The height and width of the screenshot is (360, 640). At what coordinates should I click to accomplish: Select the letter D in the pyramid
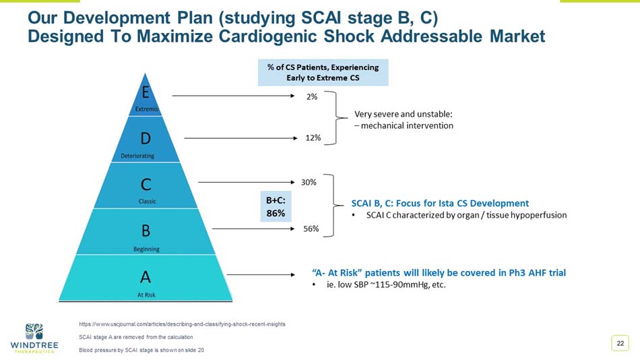coord(146,138)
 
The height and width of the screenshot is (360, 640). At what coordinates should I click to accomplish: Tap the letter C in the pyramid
coord(146,183)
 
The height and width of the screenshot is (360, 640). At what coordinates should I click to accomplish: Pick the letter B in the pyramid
coord(146,231)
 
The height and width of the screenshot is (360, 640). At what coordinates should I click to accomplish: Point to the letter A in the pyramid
coord(146,276)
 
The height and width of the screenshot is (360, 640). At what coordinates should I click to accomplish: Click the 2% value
coord(312,96)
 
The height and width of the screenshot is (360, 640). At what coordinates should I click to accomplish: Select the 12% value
coord(312,138)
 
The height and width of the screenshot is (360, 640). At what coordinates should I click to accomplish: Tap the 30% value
coord(309,182)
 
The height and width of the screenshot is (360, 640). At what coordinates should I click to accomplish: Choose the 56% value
coord(311,229)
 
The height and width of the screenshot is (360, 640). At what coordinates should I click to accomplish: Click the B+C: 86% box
coord(275,207)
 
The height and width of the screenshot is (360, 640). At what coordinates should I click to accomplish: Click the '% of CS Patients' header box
coord(323,72)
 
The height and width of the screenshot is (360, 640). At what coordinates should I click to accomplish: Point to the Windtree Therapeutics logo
coord(34,338)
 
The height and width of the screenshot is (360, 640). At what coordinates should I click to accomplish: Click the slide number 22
coord(620,344)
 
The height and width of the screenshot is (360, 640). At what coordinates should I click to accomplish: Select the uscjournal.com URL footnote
coord(182,324)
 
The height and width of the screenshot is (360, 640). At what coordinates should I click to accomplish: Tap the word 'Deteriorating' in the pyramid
coord(137,156)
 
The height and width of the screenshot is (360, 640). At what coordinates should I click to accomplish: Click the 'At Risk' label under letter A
coord(146,295)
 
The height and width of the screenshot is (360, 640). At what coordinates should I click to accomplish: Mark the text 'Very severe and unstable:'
coord(403,114)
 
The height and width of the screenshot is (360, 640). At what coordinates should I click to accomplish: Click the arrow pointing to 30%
coord(247,182)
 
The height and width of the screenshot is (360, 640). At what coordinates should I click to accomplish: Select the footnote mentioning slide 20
coord(141,350)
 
